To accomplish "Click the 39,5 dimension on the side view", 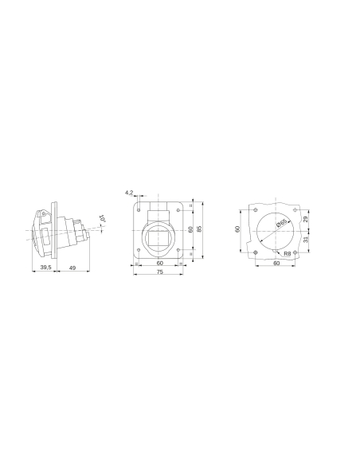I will point(45,268).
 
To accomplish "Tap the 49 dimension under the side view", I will point(72,268).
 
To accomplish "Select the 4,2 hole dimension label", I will point(129,192).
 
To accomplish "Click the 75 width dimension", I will point(159,272).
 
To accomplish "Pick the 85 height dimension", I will point(200,229).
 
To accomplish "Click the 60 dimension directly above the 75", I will point(159,262).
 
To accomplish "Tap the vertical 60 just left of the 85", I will point(190,229).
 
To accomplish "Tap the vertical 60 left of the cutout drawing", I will point(237,229).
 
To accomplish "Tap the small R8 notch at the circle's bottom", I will point(276,252).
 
